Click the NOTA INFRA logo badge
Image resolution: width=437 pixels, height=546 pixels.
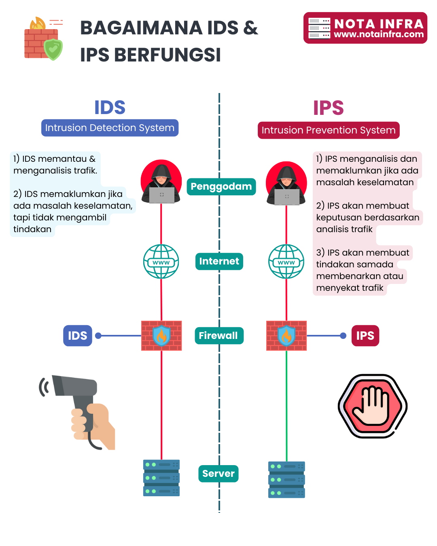click(365, 28)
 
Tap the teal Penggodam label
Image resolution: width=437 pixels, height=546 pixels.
click(221, 186)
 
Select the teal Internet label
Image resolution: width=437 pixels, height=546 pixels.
click(219, 261)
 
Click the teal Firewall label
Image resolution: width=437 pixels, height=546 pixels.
click(219, 336)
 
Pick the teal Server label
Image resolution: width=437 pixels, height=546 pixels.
click(218, 474)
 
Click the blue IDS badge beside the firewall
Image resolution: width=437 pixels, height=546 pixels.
click(78, 336)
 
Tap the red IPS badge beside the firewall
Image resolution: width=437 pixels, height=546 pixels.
click(365, 336)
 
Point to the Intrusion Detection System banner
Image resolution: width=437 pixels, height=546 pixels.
click(110, 128)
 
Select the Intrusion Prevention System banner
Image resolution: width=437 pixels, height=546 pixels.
click(329, 130)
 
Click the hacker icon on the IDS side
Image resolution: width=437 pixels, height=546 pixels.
click(161, 182)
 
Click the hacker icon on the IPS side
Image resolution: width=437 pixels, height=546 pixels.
click(286, 184)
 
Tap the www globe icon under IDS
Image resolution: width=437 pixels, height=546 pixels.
click(161, 261)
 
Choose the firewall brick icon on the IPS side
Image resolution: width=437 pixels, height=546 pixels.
click(286, 336)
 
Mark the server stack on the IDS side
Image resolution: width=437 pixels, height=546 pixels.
click(161, 478)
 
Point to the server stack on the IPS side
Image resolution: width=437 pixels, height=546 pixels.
click(286, 480)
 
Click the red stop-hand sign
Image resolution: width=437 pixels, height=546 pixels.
click(373, 406)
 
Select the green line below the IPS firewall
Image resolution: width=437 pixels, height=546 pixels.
click(286, 404)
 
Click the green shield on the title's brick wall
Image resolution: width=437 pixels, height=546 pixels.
click(53, 49)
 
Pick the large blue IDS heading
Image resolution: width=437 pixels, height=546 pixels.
click(110, 108)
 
